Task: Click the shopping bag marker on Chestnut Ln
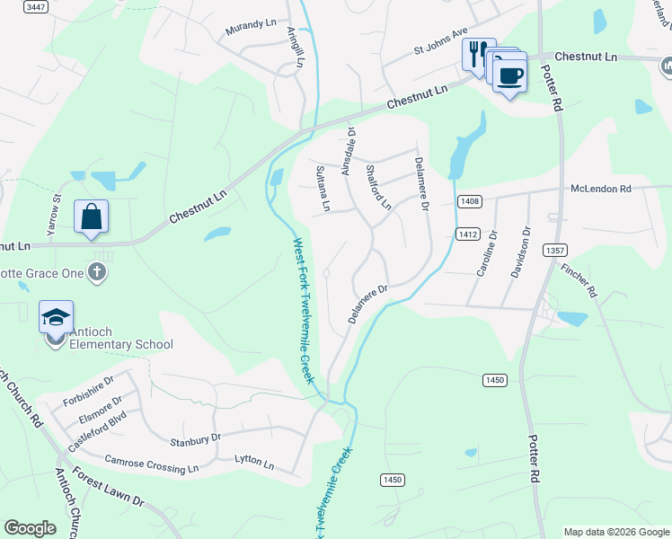point(91,216)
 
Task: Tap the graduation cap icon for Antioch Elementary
point(56,316)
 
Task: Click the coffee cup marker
point(510,75)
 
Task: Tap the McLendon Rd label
point(601,189)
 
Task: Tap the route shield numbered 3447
point(36,7)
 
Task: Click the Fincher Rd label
point(579,279)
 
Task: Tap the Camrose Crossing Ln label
point(151,464)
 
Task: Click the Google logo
point(30,528)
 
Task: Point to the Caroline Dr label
point(491,257)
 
